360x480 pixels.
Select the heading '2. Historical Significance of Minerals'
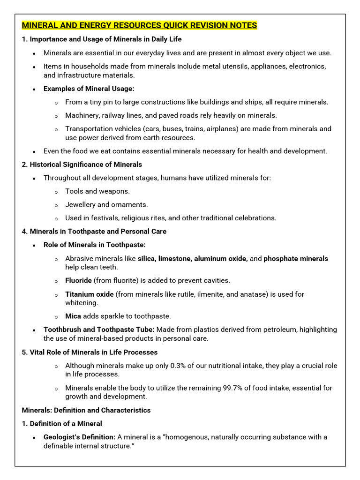82,165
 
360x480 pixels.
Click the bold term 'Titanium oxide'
89,294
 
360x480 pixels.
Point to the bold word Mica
73,316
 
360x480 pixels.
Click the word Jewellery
80,204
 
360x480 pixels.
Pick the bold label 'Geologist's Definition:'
79,437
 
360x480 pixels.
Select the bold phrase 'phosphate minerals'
296,258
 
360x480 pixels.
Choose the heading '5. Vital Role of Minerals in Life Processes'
90,352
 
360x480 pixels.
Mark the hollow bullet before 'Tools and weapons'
56,192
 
